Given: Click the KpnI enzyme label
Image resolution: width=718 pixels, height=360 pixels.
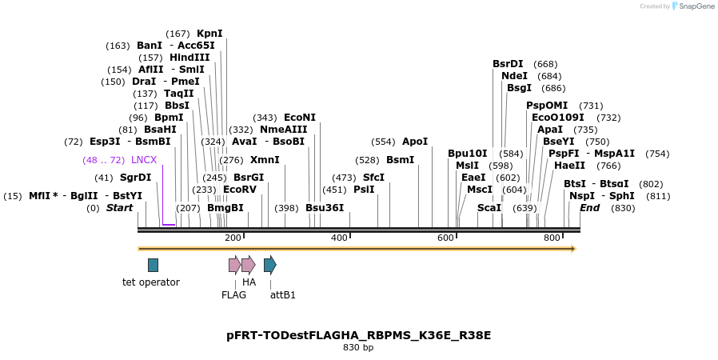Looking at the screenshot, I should pos(209,34).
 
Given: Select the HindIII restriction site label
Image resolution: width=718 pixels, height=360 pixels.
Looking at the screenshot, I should pos(189,58).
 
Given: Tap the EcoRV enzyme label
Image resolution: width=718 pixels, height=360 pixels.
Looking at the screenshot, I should pos(240,190).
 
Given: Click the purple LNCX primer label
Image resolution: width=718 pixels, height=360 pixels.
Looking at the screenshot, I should pos(144,160).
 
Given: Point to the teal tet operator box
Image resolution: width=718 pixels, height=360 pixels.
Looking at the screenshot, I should pos(153,265).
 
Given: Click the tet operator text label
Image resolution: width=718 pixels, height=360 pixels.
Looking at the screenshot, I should pos(151,282).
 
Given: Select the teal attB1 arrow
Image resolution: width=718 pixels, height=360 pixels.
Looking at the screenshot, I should pos(270,265).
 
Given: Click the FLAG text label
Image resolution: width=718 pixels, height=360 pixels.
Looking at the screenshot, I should pos(234,294).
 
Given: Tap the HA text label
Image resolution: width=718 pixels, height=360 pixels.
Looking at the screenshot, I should pos(249,282).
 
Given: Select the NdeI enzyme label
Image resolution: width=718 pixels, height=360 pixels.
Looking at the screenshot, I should pos(514,76).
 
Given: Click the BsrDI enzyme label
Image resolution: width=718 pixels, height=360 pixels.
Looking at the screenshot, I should pos(508,64).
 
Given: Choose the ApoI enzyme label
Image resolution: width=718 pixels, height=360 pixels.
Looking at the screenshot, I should pos(415,142).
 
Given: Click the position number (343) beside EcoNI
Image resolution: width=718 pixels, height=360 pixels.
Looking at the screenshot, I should pos(265,118).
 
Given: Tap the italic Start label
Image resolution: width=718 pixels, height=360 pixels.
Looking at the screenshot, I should pos(120,208).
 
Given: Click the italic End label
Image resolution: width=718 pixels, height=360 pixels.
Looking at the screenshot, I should pos(589,208).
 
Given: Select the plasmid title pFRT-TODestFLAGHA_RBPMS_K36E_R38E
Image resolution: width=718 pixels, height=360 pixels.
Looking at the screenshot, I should pos(358,335).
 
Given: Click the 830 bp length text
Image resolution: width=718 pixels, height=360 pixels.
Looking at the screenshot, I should pos(358,348).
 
